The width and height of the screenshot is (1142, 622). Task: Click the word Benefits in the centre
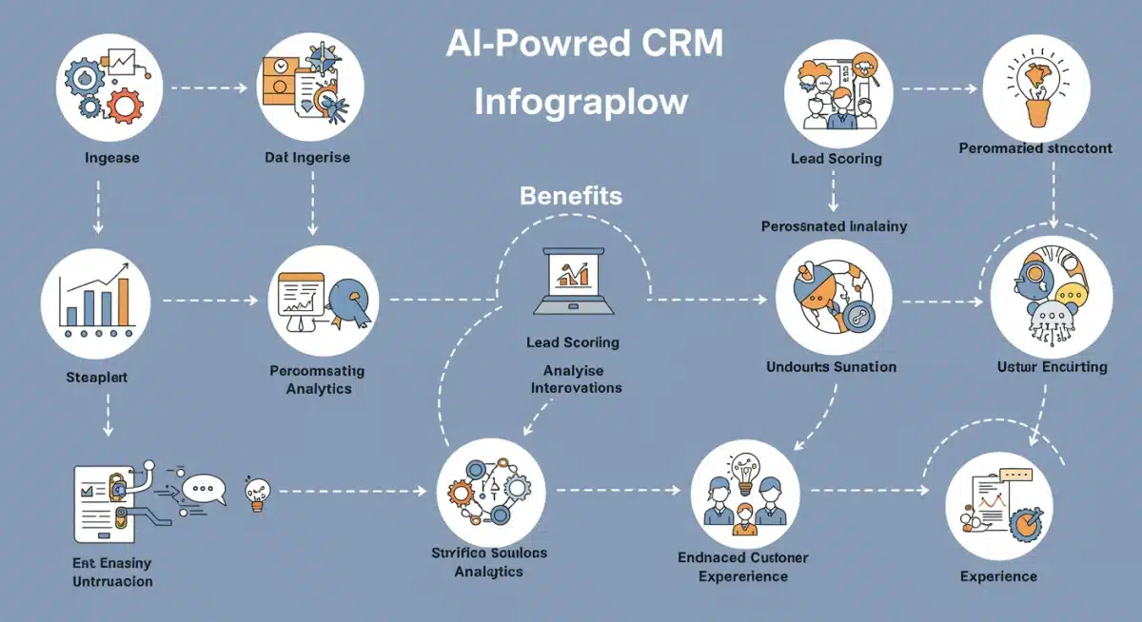(x=571, y=197)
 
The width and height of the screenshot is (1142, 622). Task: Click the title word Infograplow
(x=581, y=101)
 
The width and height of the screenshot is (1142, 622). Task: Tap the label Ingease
(x=111, y=158)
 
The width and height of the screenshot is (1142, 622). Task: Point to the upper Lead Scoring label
(x=836, y=159)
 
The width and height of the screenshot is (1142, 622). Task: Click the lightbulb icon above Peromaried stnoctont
(x=1035, y=81)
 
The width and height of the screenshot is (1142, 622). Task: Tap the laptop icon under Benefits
(x=572, y=283)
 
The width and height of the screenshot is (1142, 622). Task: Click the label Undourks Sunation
(x=831, y=366)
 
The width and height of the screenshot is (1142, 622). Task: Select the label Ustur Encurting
(x=1052, y=366)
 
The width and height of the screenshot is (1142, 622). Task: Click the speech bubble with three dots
(x=202, y=489)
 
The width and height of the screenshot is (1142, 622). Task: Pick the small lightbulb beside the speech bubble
(x=255, y=493)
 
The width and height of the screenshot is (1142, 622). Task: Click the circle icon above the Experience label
(x=998, y=505)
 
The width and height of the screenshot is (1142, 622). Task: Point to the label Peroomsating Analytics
(x=318, y=379)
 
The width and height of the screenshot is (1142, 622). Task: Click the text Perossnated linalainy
(x=833, y=226)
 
